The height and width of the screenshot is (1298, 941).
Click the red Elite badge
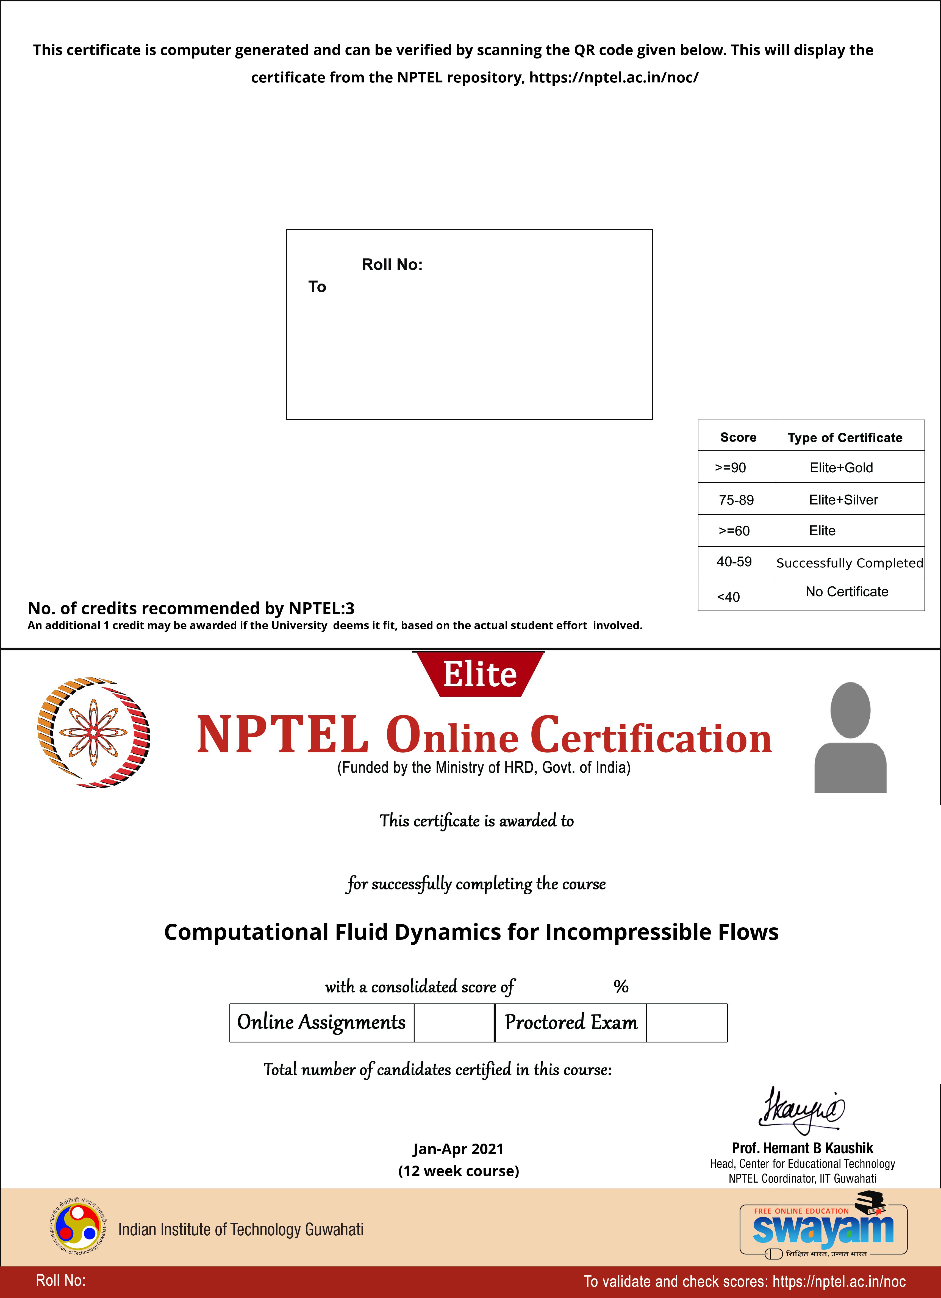click(x=480, y=674)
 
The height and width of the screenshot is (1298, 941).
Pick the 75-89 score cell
click(x=736, y=500)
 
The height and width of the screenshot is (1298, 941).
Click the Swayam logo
click(x=823, y=1229)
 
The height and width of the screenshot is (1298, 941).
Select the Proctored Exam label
click(x=571, y=1022)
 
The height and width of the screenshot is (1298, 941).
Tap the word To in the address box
click(x=317, y=287)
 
